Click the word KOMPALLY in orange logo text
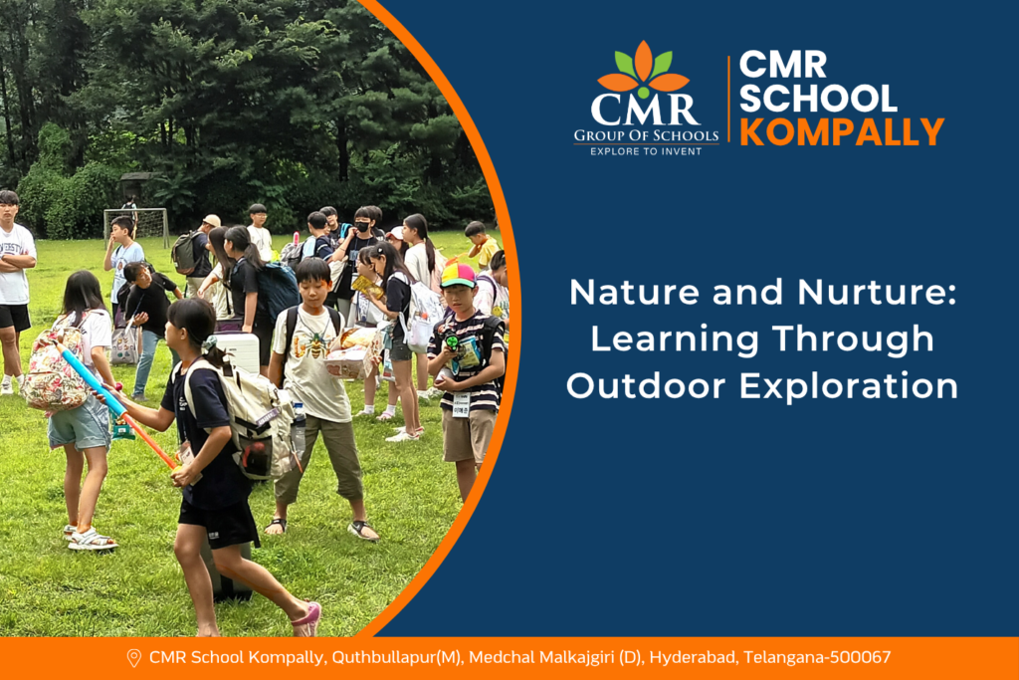point(842,132)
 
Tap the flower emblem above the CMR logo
point(644,70)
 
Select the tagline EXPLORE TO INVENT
point(646,151)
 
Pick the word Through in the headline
point(853,340)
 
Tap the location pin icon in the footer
point(134,658)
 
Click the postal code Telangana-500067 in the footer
point(817,657)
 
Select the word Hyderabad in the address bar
point(694,658)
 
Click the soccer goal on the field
point(136,226)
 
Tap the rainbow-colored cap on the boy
point(458,275)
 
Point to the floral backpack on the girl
point(56,368)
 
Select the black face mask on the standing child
point(362,226)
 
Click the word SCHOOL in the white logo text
point(818,99)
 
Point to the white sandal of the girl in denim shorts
point(92,540)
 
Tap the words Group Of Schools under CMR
point(646,135)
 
